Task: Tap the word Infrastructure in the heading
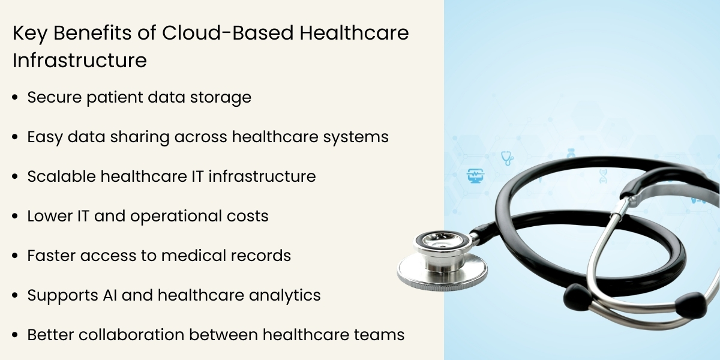pos(80,61)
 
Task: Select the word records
pos(262,256)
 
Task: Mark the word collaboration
pos(134,335)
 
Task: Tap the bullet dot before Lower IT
pos(15,217)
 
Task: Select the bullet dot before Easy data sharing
pos(15,137)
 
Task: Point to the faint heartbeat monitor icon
pos(475,176)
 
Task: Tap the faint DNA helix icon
pos(602,175)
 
